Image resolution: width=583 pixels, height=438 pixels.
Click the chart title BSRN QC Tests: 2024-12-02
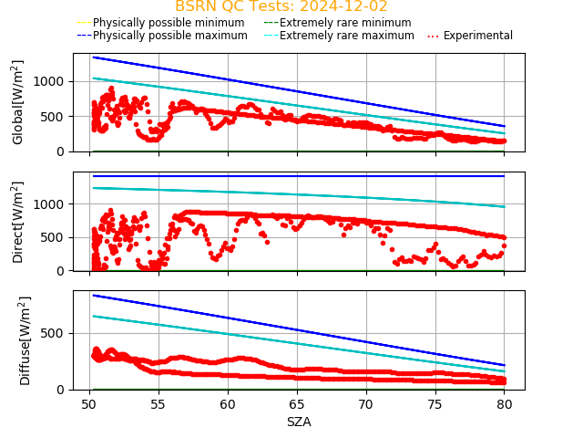(281, 6)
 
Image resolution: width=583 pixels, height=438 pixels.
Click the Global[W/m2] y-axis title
(18, 102)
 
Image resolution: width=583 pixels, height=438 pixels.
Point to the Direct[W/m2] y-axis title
(18, 222)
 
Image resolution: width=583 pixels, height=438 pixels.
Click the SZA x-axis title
(299, 422)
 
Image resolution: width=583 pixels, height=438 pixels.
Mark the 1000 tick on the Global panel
(53, 81)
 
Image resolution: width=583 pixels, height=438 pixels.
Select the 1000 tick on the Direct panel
(53, 204)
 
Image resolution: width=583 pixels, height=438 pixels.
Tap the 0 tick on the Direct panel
(63, 271)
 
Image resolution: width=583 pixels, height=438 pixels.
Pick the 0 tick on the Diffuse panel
(63, 390)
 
